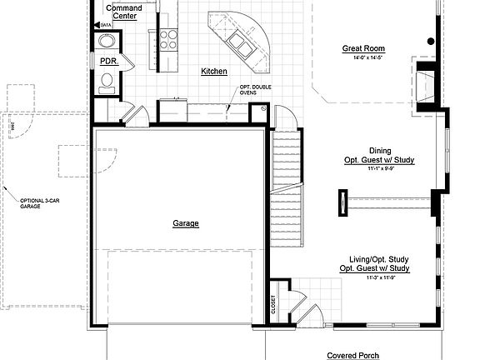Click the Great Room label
363,48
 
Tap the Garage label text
186,223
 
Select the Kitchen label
214,72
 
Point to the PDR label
108,62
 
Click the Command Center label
125,11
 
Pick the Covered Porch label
352,355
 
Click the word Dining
380,151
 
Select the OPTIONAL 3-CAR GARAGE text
36,202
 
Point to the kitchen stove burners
168,39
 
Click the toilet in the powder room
107,81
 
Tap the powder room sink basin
107,42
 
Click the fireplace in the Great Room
426,83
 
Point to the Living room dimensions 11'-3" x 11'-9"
374,277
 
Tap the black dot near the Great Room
431,41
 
